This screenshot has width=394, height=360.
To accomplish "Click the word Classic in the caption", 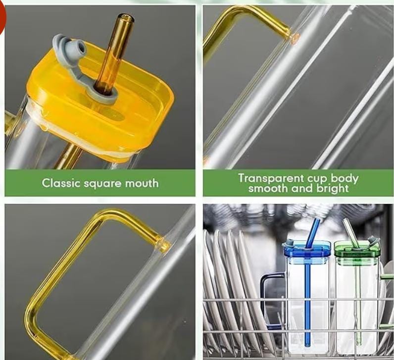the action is pos(61,183).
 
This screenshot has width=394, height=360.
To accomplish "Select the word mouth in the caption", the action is pos(142,183).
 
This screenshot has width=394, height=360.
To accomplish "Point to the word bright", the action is pos(333,189).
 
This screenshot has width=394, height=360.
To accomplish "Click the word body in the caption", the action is pos(344,179).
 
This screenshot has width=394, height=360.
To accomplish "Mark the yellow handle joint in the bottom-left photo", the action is pos(164,243).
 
